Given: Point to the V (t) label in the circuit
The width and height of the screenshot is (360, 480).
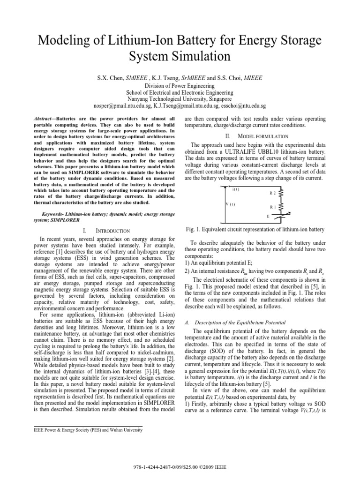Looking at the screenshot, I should point(230,204).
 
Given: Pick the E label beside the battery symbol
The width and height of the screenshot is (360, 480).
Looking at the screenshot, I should point(268,217).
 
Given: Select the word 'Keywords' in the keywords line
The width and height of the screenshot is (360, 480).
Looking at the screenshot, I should point(52,214).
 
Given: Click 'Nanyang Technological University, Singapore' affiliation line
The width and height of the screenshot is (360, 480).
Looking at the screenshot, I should point(180,99).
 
